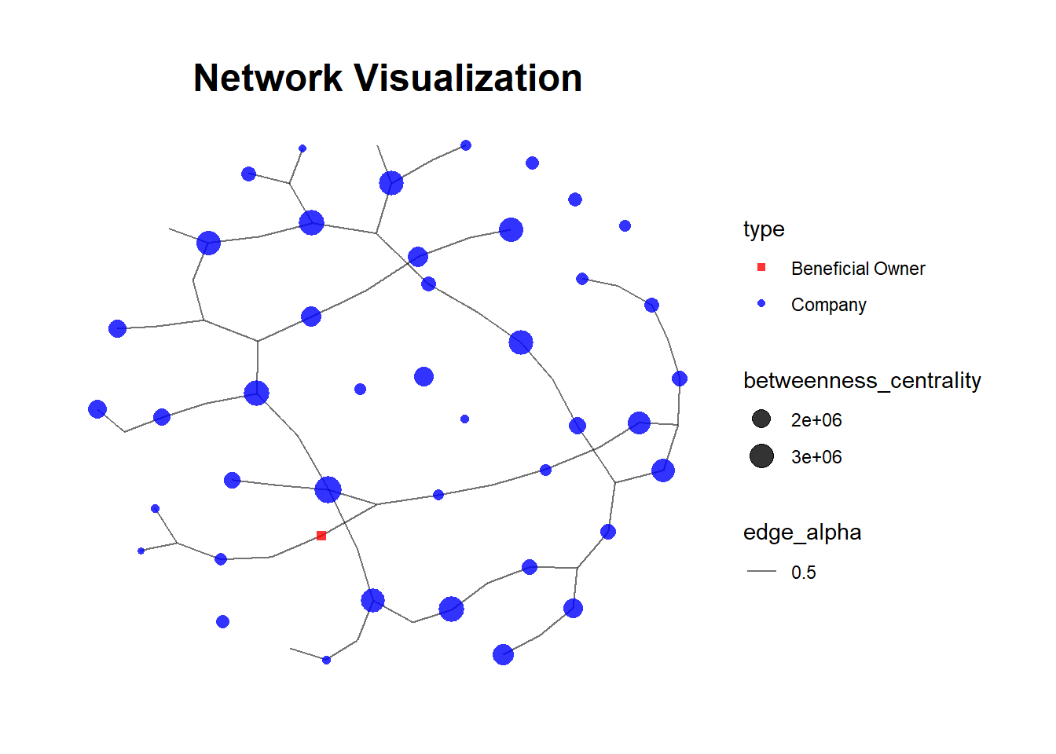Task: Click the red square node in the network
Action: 321,536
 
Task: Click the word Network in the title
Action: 268,79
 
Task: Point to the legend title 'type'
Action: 764,229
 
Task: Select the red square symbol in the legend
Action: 761,268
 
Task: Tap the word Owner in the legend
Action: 900,269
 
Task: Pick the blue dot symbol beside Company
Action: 761,304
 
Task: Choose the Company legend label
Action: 828,305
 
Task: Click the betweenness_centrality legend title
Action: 862,381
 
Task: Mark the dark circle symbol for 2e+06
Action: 761,419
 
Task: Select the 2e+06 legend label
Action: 816,420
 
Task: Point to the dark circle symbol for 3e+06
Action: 761,456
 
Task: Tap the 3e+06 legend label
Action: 816,457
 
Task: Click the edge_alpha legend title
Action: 802,533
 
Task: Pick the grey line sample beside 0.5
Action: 761,572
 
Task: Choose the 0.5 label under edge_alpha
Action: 803,573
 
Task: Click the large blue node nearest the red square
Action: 328,489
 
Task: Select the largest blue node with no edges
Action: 423,377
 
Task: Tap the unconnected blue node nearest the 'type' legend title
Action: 625,226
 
